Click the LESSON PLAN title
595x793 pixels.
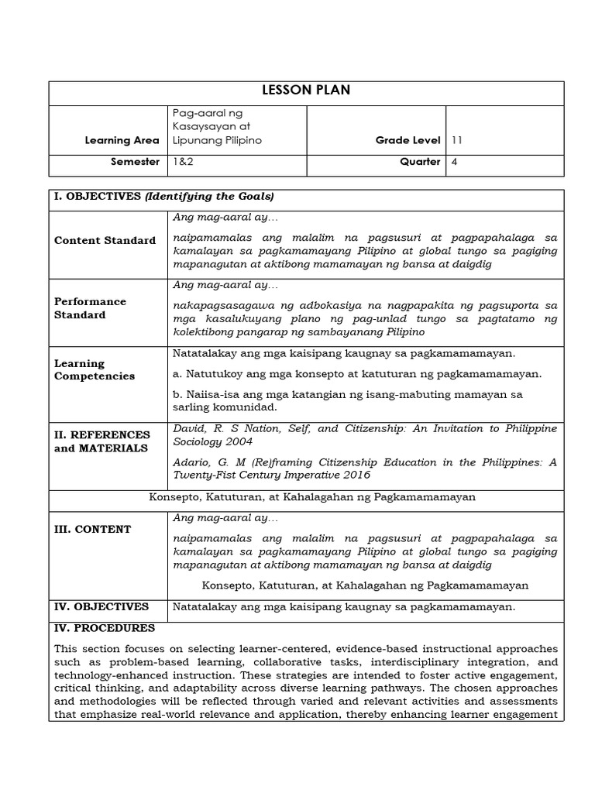pos(297,91)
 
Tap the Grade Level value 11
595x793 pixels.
pos(456,140)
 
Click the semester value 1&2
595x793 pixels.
pos(181,162)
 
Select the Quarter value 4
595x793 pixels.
pos(454,162)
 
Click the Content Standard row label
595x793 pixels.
pos(105,240)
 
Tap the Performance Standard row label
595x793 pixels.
pos(90,308)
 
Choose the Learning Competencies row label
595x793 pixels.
pos(94,369)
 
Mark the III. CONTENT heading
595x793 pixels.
pos(92,529)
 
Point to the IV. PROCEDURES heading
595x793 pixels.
pos(104,628)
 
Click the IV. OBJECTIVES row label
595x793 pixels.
pos(101,606)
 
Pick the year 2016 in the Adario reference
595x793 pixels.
pos(353,475)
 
